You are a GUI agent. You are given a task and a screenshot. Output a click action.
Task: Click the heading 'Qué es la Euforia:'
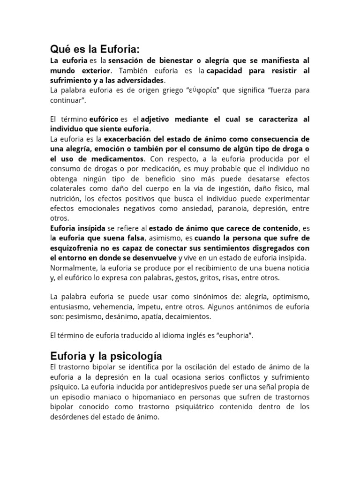tap(95, 50)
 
